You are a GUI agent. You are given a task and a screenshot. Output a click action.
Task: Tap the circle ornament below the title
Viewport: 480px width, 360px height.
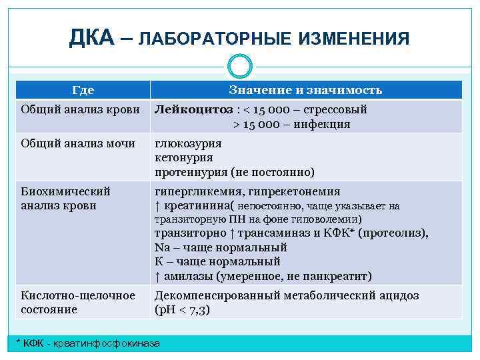(x=239, y=66)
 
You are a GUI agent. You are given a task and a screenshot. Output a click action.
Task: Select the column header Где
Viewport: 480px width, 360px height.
(x=83, y=90)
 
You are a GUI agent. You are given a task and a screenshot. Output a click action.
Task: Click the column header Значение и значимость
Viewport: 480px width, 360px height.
(x=305, y=90)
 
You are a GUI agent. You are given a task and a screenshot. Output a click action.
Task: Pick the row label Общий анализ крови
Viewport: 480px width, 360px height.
(x=79, y=109)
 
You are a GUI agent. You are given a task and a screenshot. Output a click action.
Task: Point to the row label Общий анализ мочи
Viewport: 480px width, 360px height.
(x=78, y=143)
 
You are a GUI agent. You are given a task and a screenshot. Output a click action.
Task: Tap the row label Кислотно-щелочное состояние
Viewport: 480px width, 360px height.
(x=77, y=302)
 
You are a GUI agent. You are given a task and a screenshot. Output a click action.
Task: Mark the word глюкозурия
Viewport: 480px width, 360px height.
(x=189, y=143)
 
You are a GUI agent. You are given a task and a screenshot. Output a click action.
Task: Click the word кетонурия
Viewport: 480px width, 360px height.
(x=184, y=157)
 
